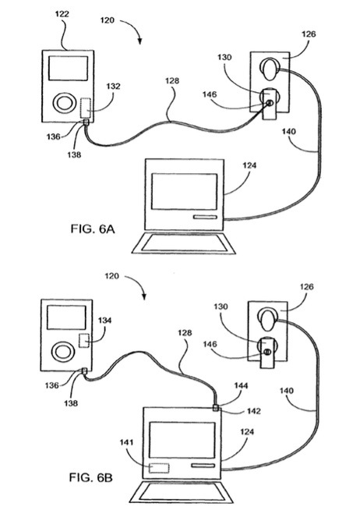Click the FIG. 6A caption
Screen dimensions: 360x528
pos(93,229)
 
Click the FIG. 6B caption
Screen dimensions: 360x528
pos(91,477)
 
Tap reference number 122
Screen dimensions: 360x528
pos(62,14)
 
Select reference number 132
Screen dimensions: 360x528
pos(113,87)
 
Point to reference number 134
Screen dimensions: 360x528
pos(104,321)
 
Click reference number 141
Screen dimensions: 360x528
pos(126,442)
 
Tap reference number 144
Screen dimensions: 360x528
pos(241,386)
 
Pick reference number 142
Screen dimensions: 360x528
pos(253,411)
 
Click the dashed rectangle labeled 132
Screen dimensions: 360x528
pos(86,108)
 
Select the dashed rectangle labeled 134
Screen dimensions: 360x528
pos(84,341)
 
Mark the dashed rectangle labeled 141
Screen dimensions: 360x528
pos(159,468)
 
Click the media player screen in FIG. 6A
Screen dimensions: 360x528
pos(69,69)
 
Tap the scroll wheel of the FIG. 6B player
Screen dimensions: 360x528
pos(62,352)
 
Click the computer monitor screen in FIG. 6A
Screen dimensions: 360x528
pos(185,192)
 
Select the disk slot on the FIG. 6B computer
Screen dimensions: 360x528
pos(203,466)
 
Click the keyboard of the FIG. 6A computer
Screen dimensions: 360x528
pos(183,243)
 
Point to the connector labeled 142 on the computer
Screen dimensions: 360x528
pos(216,408)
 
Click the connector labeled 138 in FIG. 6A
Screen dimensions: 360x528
pos(86,122)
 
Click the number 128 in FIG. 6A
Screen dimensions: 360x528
pos(172,81)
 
